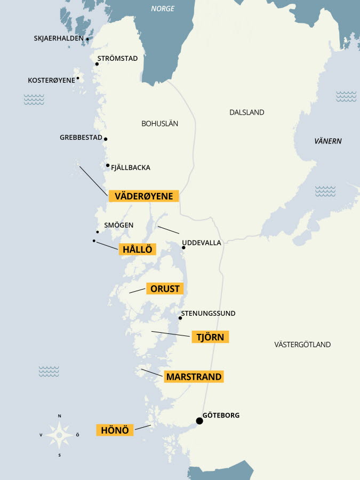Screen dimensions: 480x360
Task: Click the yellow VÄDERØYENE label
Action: click(x=143, y=196)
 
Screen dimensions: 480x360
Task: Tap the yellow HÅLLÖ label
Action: click(x=137, y=249)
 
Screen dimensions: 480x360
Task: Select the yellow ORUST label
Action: click(x=165, y=289)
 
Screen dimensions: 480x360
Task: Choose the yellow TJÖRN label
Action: click(x=210, y=337)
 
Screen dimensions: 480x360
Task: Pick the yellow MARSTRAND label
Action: click(x=194, y=377)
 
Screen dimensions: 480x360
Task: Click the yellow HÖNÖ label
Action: click(x=115, y=430)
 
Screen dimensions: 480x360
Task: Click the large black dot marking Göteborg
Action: click(x=199, y=421)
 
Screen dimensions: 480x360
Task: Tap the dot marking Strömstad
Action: click(x=97, y=64)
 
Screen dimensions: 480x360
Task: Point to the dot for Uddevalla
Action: click(x=183, y=247)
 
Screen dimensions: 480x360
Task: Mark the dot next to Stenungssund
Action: click(x=180, y=318)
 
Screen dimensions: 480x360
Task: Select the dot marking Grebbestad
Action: click(x=106, y=139)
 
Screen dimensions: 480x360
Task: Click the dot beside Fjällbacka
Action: click(x=108, y=165)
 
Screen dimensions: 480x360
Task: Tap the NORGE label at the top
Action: click(x=163, y=9)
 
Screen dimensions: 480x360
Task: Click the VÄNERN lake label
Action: click(x=328, y=141)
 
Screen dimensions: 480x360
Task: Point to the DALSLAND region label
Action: click(x=246, y=113)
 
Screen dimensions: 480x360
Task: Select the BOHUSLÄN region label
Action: click(x=159, y=123)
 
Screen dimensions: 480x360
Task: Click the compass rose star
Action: click(x=59, y=435)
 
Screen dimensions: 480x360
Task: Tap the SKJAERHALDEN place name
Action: click(x=59, y=38)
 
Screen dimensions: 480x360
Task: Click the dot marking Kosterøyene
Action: click(x=78, y=78)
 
